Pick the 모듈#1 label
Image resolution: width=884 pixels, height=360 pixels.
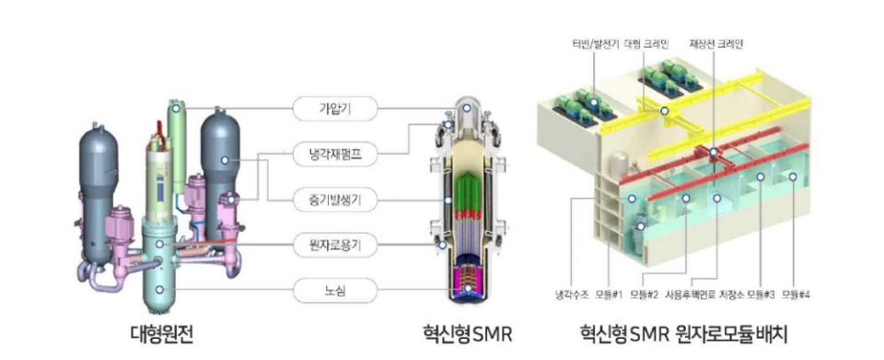611,295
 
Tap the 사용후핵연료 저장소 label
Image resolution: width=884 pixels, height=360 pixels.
723,295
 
